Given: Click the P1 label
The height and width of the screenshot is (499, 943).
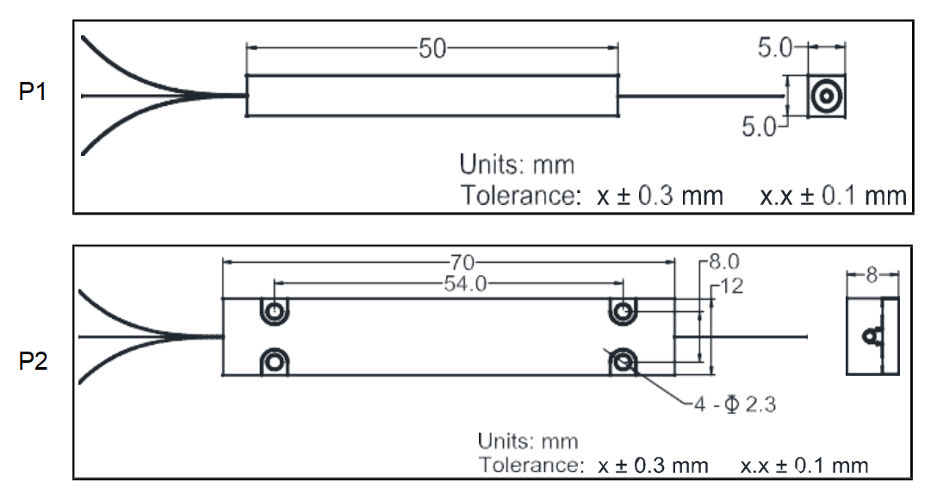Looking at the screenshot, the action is point(33,92).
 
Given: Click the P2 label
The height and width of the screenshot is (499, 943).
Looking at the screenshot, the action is point(33,361).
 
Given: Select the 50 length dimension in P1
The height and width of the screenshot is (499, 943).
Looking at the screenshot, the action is point(432,49).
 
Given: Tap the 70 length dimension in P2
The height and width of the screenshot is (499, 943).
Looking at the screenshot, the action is point(462,263).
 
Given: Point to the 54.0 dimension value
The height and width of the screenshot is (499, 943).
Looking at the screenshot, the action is point(465,283).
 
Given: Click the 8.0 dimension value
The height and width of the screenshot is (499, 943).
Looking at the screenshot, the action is point(723,262).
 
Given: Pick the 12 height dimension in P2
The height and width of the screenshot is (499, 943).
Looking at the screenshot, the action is point(731,286).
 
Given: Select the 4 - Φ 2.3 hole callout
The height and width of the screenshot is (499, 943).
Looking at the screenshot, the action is point(735,404).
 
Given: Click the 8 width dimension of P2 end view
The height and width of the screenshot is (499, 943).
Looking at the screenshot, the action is point(872,275).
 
